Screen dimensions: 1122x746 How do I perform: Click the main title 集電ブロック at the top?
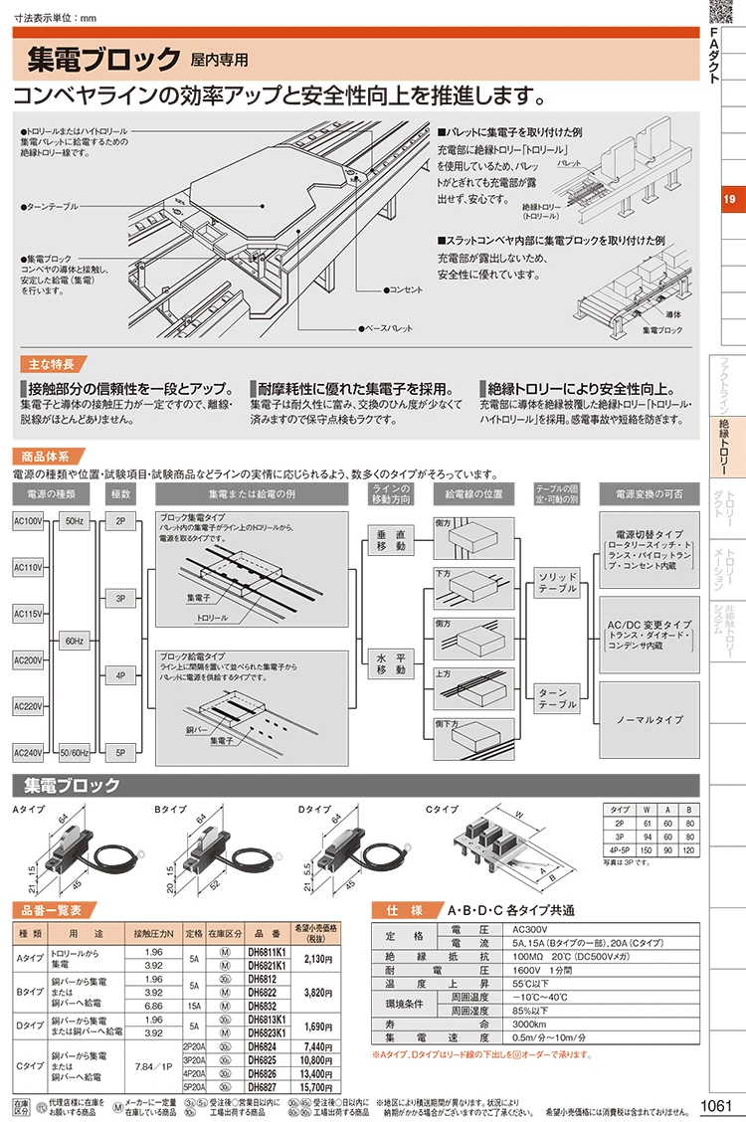(99, 60)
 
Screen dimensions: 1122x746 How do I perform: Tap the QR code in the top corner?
(725, 13)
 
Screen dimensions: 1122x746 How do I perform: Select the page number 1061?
(717, 1106)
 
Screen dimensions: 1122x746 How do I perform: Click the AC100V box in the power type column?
(28, 521)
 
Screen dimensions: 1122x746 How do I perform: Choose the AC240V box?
(28, 751)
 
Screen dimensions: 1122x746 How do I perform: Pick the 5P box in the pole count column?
(119, 751)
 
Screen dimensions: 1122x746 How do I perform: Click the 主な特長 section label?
(47, 364)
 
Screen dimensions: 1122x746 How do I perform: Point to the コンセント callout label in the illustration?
(407, 288)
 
